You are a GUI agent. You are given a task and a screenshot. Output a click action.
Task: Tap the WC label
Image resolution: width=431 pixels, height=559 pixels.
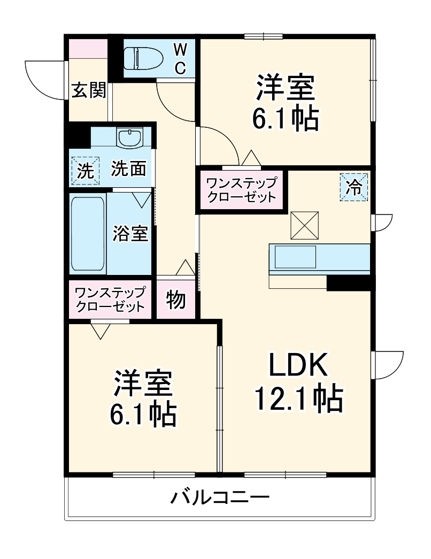[180, 59]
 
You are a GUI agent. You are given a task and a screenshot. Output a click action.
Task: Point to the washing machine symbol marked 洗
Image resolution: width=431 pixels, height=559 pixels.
[85, 171]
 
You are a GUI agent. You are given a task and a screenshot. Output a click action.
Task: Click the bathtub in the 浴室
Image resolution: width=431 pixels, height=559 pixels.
[88, 235]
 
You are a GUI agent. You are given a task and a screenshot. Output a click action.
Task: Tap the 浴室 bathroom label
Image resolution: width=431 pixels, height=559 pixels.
[130, 234]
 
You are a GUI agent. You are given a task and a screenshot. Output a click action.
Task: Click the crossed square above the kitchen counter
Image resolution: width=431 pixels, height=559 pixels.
[305, 225]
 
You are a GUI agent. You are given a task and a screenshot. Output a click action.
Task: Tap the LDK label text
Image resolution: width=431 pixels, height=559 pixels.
[297, 367]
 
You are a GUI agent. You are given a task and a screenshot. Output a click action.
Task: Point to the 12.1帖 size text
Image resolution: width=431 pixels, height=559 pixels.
[297, 398]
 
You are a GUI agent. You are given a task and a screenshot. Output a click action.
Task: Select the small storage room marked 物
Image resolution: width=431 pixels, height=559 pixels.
[176, 301]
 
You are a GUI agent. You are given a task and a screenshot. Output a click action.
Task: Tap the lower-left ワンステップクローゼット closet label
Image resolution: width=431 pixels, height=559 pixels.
[110, 300]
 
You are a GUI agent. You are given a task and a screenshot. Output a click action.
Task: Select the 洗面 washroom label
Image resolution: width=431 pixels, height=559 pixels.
[129, 169]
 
